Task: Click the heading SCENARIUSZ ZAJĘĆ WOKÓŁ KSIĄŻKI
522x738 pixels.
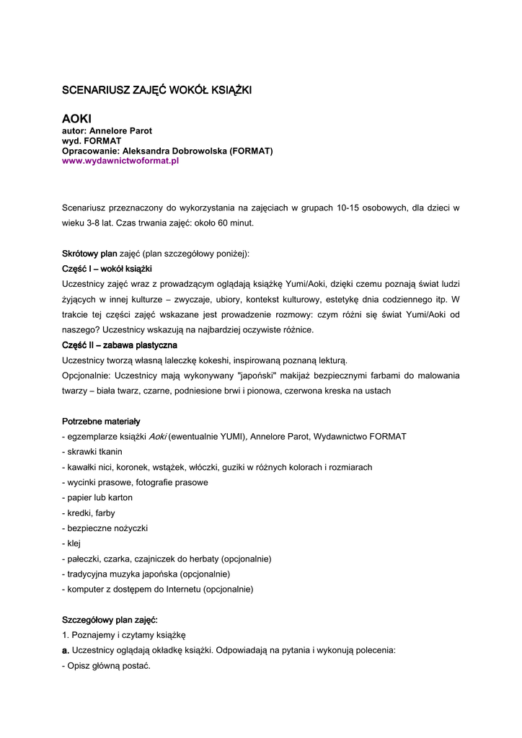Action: (156, 90)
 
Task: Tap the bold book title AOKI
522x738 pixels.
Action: (77, 118)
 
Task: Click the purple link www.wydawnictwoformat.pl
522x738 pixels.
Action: (120, 161)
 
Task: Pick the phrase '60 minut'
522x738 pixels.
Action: (236, 223)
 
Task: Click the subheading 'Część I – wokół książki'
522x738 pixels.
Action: (107, 269)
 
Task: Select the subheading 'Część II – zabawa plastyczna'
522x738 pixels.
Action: (120, 345)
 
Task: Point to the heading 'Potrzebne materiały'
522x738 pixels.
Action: (101, 421)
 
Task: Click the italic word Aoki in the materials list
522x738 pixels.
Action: (157, 437)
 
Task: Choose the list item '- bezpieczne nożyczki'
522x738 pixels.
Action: (105, 528)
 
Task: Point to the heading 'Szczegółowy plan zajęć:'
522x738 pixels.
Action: (110, 620)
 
